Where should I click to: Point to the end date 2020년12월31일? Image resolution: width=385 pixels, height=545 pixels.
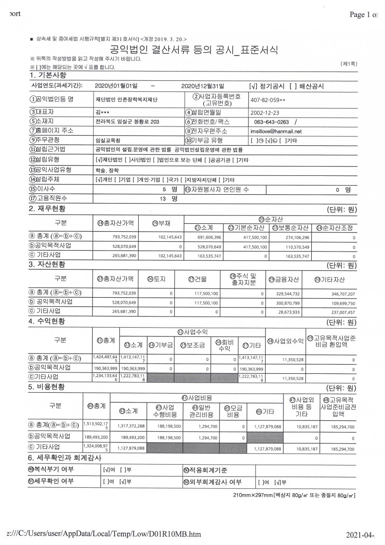pyautogui.click(x=202, y=86)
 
